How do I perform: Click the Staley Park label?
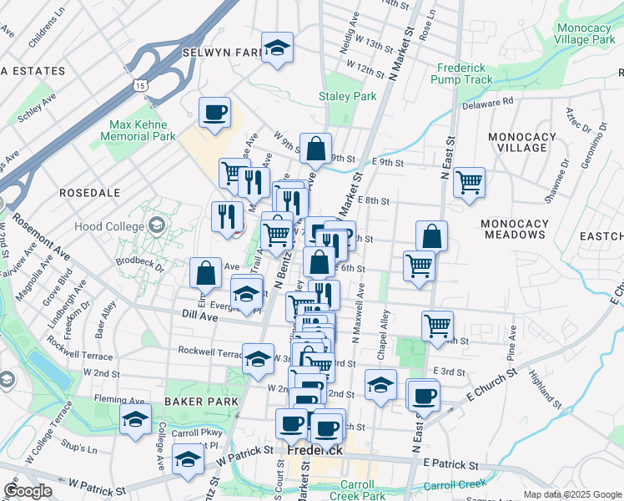pyautogui.click(x=348, y=97)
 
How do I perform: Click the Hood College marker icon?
pyautogui.click(x=156, y=225)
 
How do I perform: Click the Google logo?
pyautogui.click(x=28, y=491)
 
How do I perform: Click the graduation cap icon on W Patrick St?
pyautogui.click(x=189, y=458)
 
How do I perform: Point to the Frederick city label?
pyautogui.click(x=315, y=449)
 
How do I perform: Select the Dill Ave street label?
pyautogui.click(x=199, y=316)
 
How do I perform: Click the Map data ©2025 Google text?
pyautogui.click(x=571, y=493)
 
